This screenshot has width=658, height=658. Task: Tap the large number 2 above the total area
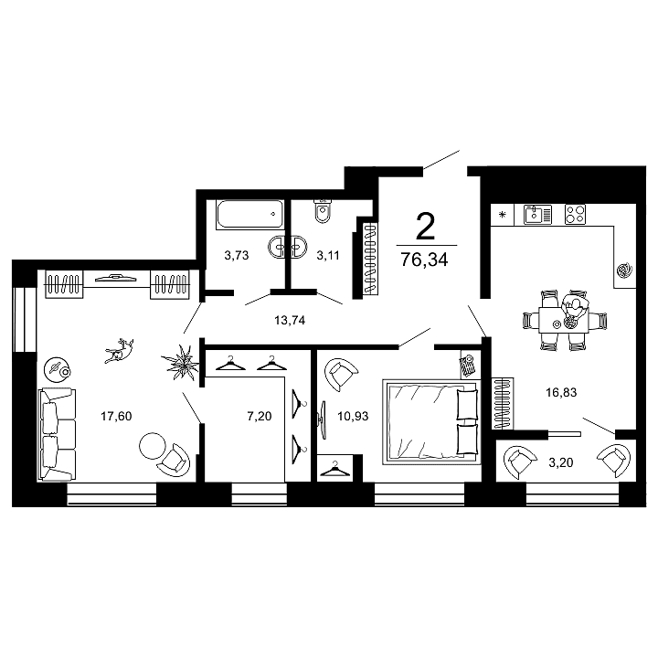pos(424,224)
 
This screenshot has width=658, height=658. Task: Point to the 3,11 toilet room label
pos(327,256)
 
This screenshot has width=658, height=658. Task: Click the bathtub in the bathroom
pos(249,216)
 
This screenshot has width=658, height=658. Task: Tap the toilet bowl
pos(321,212)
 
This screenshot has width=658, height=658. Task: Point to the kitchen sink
pos(537,215)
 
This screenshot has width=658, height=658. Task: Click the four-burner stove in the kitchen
pos(575,215)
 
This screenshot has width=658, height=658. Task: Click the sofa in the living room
pos(58,433)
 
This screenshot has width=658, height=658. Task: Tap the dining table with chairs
pos(558,321)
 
